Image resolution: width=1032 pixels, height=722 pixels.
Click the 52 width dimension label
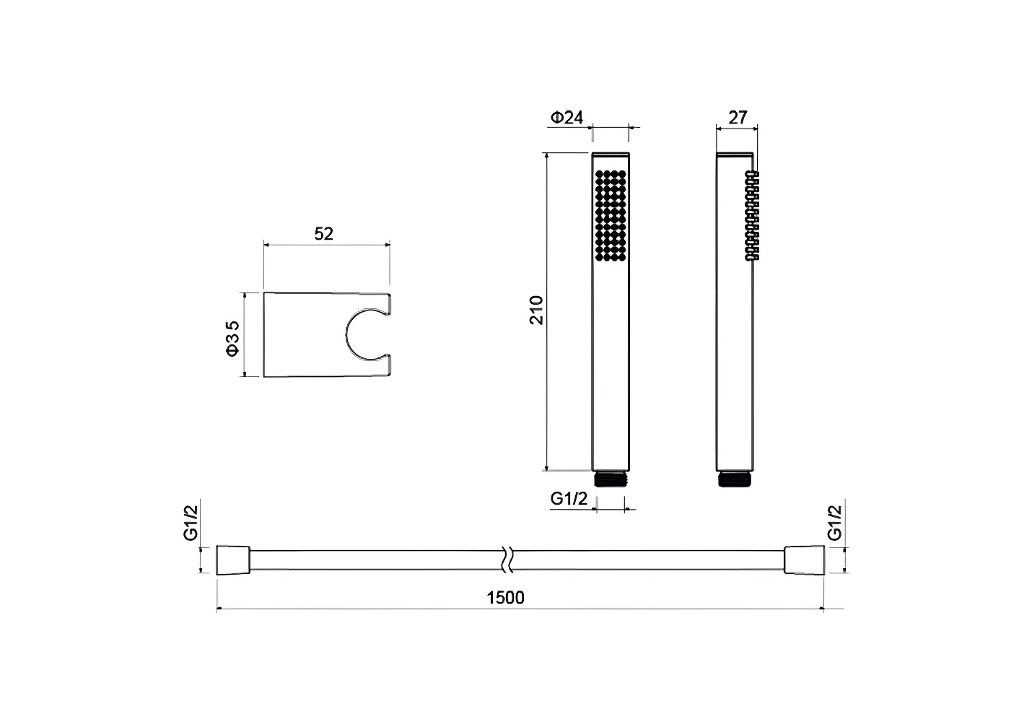[323, 234]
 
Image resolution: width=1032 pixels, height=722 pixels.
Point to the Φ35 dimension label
[232, 339]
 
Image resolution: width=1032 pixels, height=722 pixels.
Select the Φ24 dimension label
[567, 118]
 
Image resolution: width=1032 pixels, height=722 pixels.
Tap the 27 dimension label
[737, 118]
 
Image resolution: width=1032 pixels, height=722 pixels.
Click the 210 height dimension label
[536, 310]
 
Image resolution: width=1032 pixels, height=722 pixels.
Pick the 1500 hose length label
[505, 598]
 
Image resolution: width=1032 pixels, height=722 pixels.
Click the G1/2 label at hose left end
[191, 523]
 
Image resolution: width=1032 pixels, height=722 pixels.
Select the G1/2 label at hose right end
[834, 523]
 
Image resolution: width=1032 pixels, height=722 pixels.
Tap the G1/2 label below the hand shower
[569, 498]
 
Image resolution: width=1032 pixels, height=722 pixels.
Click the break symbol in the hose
[507, 560]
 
